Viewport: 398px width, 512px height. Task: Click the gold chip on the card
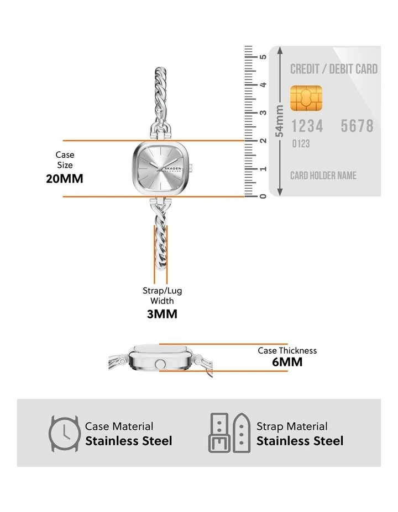[306, 98]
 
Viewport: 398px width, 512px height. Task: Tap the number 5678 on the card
[357, 126]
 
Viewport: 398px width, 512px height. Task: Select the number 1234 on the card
[307, 126]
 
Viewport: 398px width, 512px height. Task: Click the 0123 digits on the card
[301, 143]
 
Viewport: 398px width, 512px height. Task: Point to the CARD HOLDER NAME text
[323, 175]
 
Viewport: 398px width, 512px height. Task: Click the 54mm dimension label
[279, 121]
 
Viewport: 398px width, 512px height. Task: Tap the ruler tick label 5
[263, 57]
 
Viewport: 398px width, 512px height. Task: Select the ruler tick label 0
[263, 196]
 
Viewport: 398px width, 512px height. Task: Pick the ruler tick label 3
[263, 113]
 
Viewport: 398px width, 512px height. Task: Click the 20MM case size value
[65, 179]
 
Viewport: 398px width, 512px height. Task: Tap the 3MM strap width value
[162, 314]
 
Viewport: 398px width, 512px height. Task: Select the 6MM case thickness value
[287, 362]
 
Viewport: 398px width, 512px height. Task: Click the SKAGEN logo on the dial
[172, 168]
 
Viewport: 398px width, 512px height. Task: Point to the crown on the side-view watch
[160, 364]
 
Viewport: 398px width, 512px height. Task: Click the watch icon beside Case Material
[65, 434]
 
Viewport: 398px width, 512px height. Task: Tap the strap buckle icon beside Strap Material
[229, 433]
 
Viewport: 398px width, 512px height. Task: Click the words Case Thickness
[287, 351]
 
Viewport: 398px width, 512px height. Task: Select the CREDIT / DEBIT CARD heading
[334, 69]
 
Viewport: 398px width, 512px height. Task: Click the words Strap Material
[292, 426]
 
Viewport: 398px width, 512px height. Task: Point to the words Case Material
[119, 426]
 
